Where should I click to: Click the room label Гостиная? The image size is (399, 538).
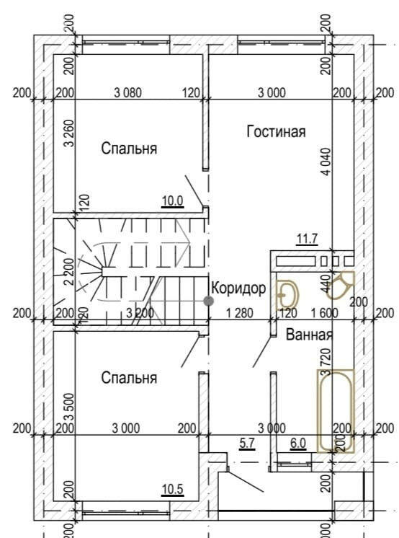pos(276,131)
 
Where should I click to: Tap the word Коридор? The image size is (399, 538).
pos(238,288)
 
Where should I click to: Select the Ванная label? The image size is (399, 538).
pos(309,335)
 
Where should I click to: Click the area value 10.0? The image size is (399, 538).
pos(172,201)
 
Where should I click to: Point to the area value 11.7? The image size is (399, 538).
pos(307,239)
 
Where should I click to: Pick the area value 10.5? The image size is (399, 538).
pos(172,490)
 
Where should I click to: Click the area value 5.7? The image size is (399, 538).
pos(247,443)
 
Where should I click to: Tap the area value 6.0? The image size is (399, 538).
pos(298,443)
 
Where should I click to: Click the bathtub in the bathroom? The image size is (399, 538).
pos(335,410)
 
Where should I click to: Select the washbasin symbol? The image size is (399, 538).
pos(287,294)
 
